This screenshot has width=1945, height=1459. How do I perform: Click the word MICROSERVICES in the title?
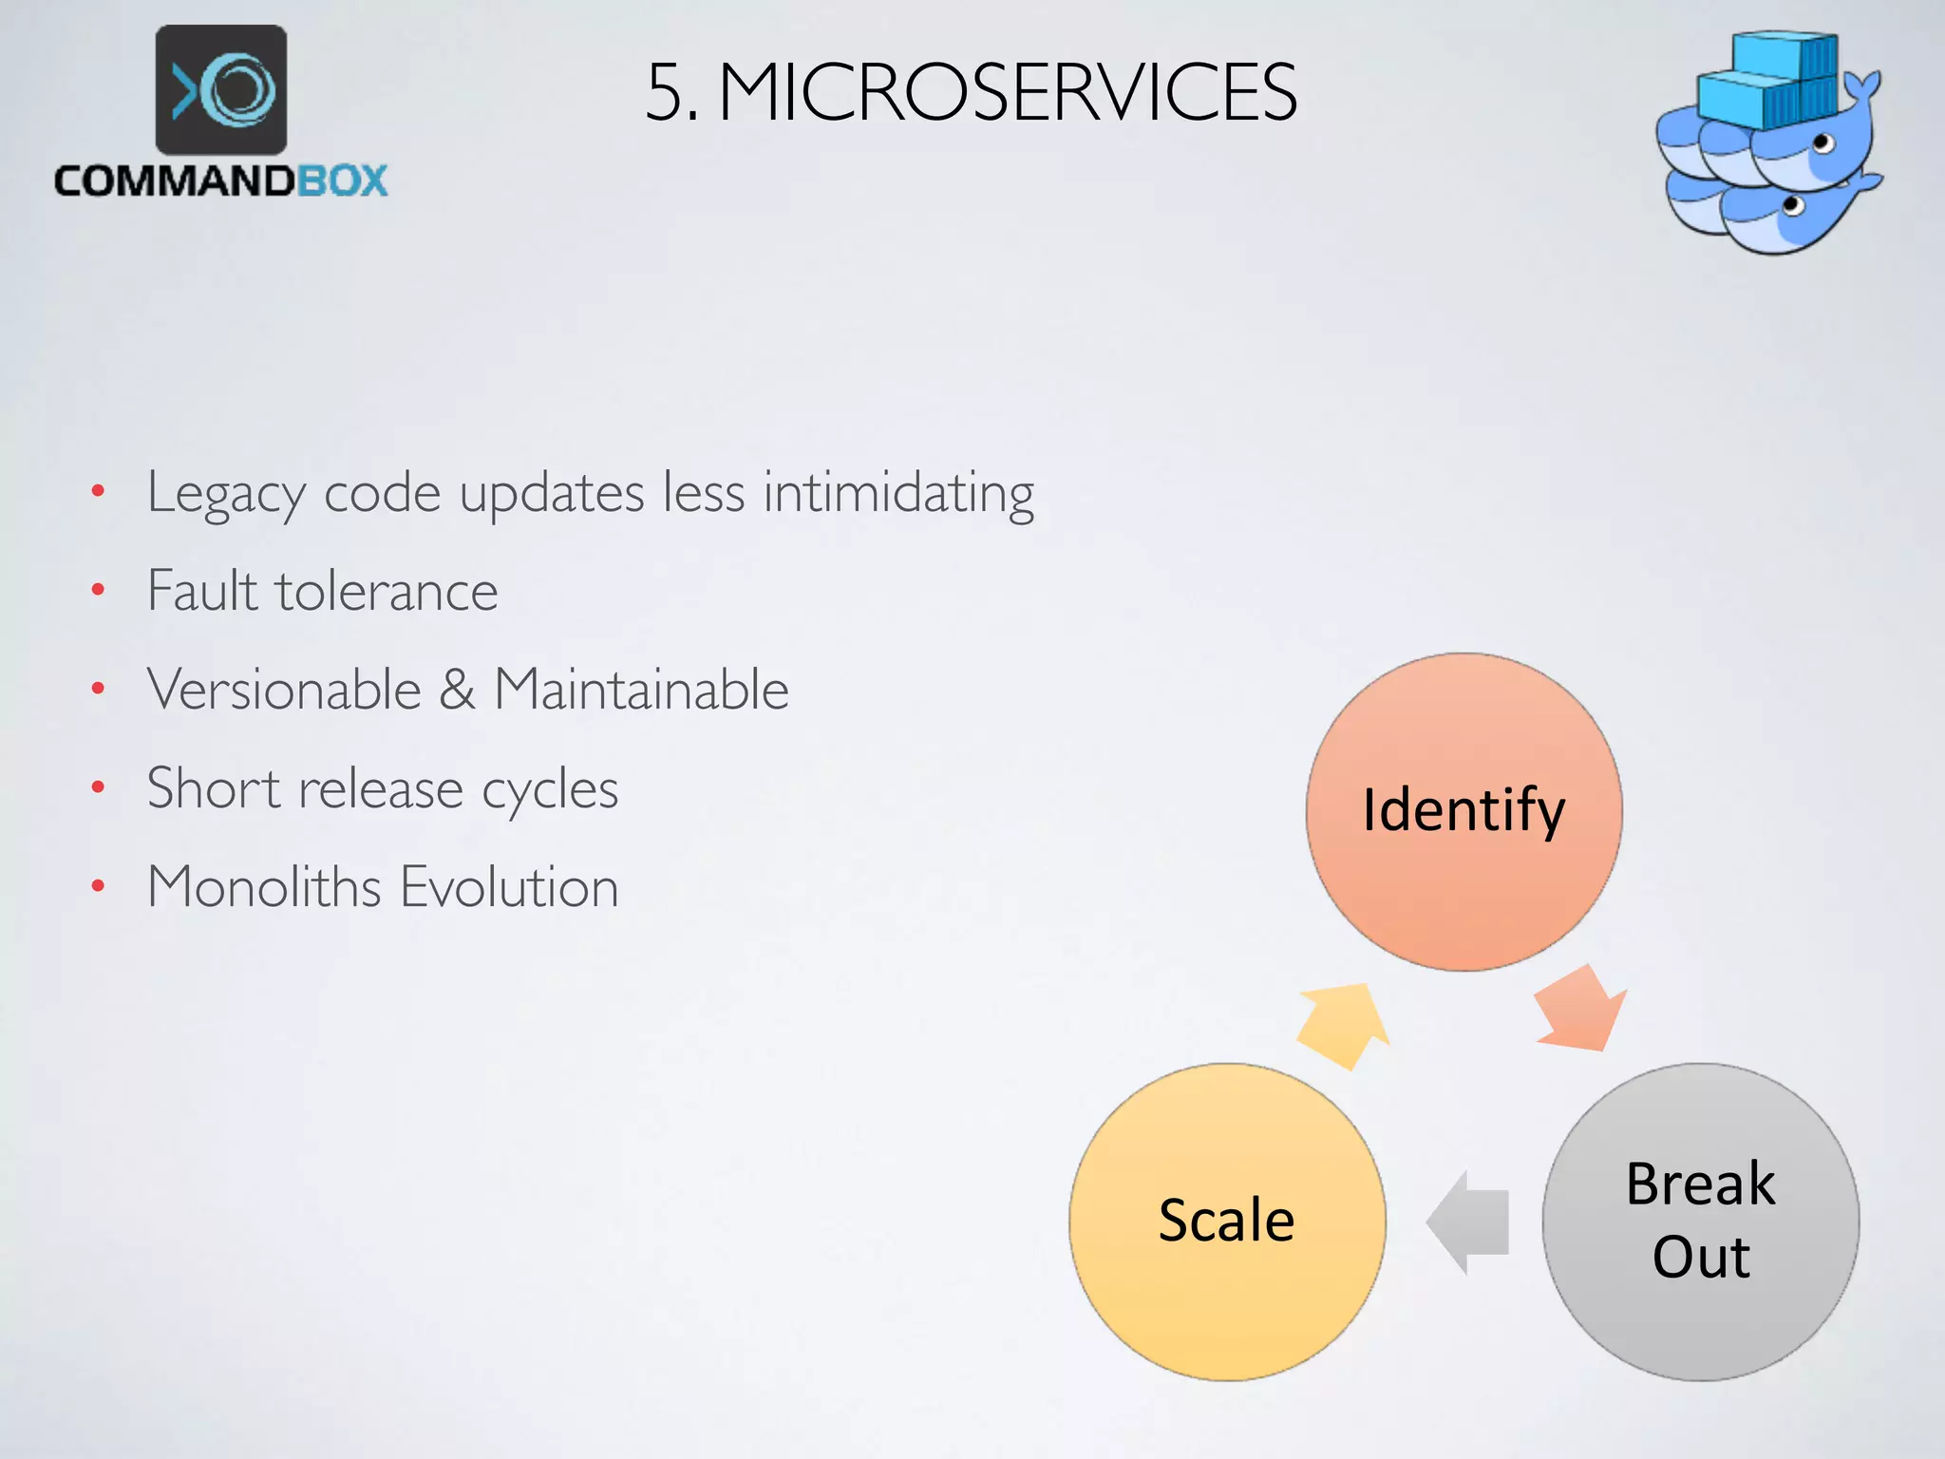click(1007, 92)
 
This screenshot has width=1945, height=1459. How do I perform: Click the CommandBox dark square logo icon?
click(221, 90)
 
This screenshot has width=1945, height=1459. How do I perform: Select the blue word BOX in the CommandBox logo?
click(342, 180)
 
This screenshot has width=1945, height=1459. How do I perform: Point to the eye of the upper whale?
click(1822, 144)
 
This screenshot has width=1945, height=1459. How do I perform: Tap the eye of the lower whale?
click(1793, 204)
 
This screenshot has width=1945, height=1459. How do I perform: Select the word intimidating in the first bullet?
click(898, 494)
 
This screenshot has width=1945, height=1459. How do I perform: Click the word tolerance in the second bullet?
click(386, 591)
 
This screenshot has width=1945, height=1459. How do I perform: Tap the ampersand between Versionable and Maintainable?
click(457, 690)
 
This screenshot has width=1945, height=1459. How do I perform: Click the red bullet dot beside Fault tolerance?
click(98, 591)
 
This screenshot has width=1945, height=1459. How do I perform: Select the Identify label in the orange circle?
click(1463, 811)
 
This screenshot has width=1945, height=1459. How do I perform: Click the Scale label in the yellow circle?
click(1226, 1221)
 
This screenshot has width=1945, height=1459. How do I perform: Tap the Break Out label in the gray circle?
click(1700, 1221)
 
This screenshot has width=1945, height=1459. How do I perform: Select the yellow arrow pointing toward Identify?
click(1343, 1025)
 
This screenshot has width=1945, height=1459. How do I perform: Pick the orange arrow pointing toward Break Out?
click(1581, 1012)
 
